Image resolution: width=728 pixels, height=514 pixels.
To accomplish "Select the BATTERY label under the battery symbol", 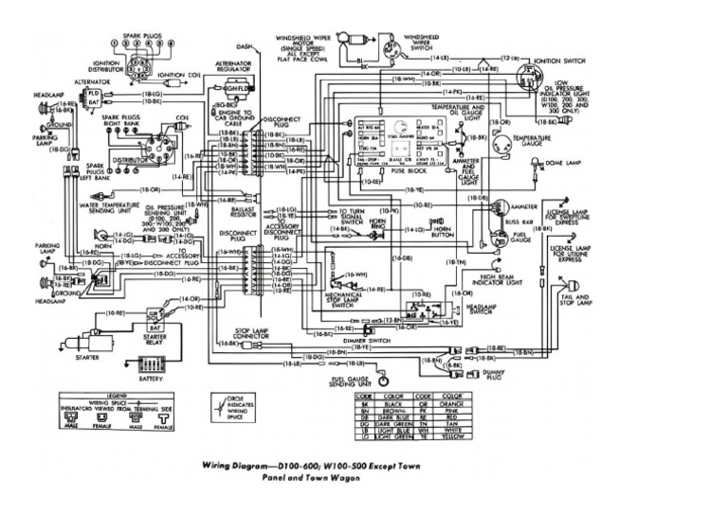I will [x=151, y=377].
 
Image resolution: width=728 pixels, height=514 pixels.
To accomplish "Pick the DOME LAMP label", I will [x=562, y=165].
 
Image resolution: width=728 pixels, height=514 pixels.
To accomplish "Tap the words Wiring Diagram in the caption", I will [x=240, y=466].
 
